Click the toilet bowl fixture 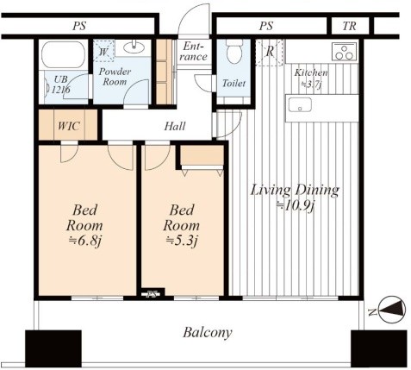coord(234,52)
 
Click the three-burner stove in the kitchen coord(345,52)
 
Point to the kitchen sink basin coord(300,104)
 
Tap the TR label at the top coord(349,26)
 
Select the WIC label coord(69,126)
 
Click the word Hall coord(175,126)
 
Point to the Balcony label coord(208,333)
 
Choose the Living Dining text coord(295,191)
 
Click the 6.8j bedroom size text coord(85,241)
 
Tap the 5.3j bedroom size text coord(182,241)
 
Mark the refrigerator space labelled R coord(270,53)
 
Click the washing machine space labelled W coord(103,51)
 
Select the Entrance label coord(194,52)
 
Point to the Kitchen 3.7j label coord(311,78)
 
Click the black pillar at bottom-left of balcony coord(53,348)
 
